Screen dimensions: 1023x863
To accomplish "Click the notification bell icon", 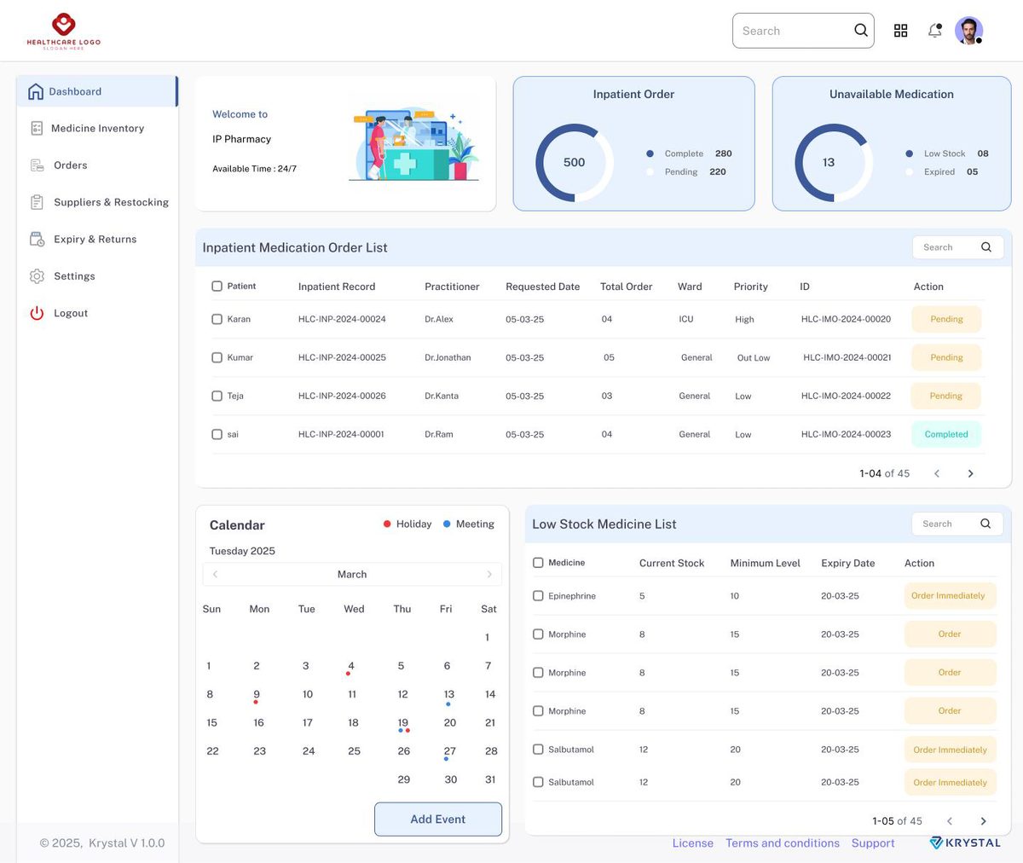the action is click(935, 31).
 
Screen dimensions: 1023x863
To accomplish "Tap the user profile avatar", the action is click(968, 31).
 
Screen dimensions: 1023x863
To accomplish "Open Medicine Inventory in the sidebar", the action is click(97, 129).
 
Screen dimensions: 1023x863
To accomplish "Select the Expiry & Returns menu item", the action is click(95, 239).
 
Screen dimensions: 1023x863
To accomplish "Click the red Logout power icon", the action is click(37, 313).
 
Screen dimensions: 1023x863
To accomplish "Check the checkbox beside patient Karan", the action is click(217, 319).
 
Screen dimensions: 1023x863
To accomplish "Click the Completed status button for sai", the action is click(946, 434).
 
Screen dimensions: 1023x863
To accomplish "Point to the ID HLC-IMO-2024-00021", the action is click(847, 357).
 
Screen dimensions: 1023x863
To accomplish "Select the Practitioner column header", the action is click(452, 287).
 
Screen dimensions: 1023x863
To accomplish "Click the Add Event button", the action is click(438, 819).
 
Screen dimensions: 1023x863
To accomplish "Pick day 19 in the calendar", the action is click(402, 723).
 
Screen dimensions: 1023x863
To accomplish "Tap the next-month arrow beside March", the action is click(489, 575).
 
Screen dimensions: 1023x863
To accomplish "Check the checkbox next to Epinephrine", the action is click(538, 596).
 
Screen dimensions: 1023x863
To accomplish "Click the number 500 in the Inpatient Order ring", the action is click(575, 162).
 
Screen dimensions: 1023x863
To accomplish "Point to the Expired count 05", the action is click(972, 171).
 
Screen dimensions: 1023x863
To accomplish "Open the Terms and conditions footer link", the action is click(783, 843).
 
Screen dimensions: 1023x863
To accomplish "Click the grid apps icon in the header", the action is click(900, 31).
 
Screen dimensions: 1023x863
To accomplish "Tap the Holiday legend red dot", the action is click(387, 524).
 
